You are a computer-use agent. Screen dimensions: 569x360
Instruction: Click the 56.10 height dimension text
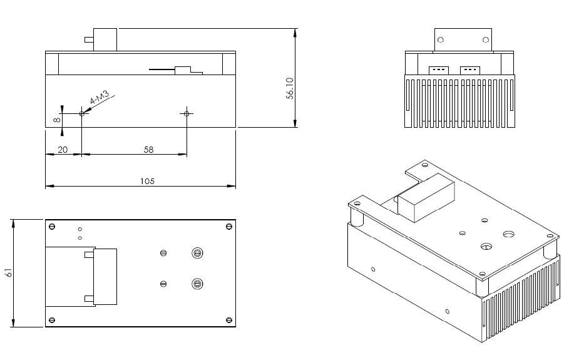(x=290, y=88)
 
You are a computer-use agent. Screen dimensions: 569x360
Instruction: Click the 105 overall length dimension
(x=147, y=181)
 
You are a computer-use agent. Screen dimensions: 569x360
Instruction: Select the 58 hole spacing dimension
(x=148, y=150)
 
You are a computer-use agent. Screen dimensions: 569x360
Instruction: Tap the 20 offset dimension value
(x=63, y=150)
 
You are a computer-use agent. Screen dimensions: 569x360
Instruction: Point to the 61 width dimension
(x=9, y=272)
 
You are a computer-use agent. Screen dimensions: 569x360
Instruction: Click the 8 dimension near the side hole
(x=57, y=120)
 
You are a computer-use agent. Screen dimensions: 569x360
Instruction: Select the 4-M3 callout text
(x=100, y=98)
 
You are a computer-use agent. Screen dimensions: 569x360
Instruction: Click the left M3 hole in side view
(x=81, y=113)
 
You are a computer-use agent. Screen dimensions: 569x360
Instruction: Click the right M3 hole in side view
(x=187, y=113)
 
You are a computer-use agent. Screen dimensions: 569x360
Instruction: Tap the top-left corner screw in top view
(x=52, y=227)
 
